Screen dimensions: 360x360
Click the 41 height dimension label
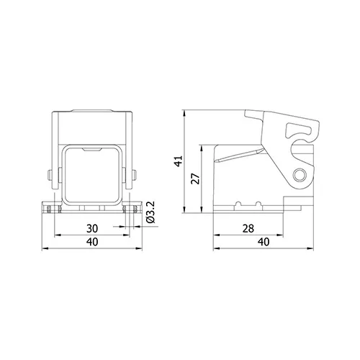[x=179, y=161]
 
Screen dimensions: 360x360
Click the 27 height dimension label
[x=196, y=179]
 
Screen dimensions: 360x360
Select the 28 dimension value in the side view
[x=248, y=228]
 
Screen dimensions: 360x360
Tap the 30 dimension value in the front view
[x=92, y=228]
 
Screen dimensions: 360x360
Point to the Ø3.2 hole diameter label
[x=151, y=212]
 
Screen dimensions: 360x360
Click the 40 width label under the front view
[x=92, y=242]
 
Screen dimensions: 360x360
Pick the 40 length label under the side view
[x=264, y=242]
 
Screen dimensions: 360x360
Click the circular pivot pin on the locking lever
[x=300, y=175]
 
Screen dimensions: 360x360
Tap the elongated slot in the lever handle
[x=299, y=130]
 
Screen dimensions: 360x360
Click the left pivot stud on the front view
[x=50, y=175]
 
